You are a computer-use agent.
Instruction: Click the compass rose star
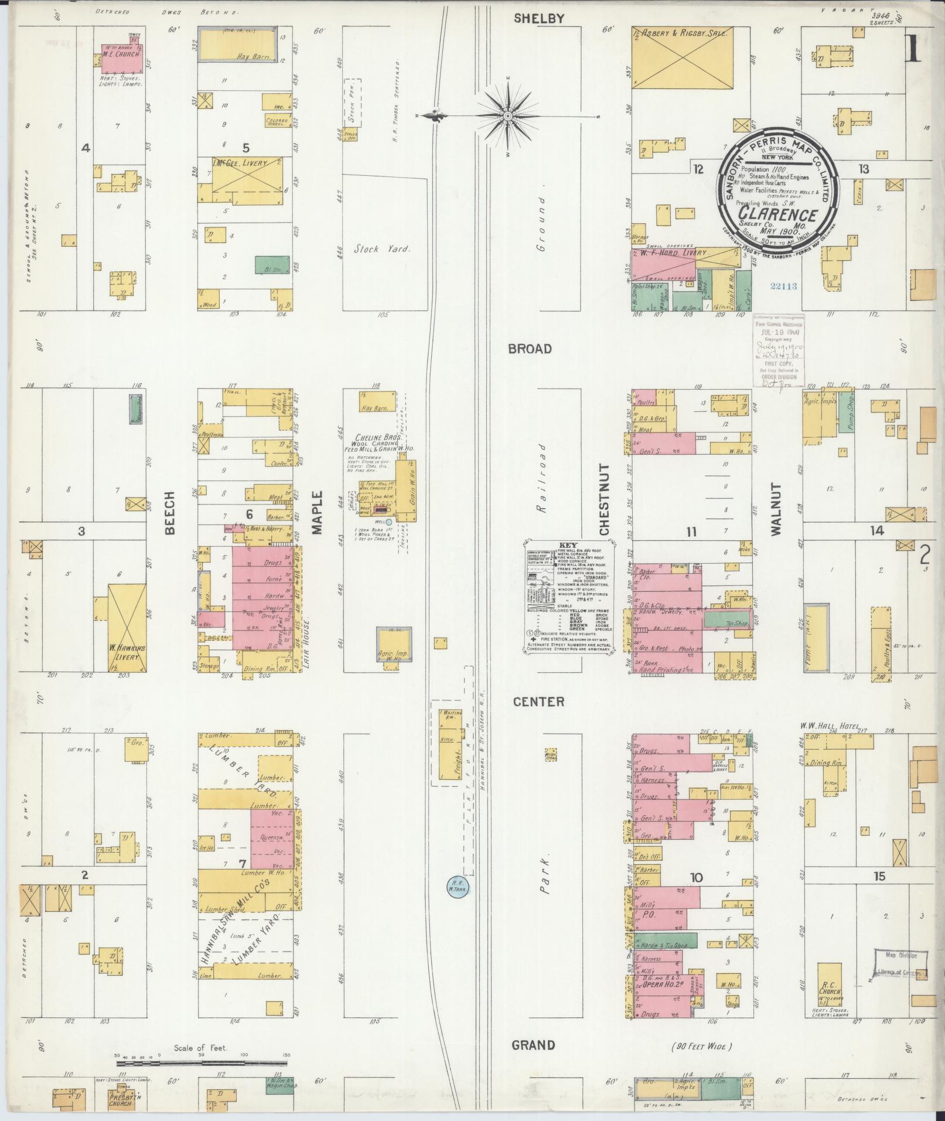507,116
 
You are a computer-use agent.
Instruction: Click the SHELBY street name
538,19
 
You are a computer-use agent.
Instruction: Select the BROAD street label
530,349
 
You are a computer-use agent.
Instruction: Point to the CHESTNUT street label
604,499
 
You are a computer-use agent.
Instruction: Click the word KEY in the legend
568,544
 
